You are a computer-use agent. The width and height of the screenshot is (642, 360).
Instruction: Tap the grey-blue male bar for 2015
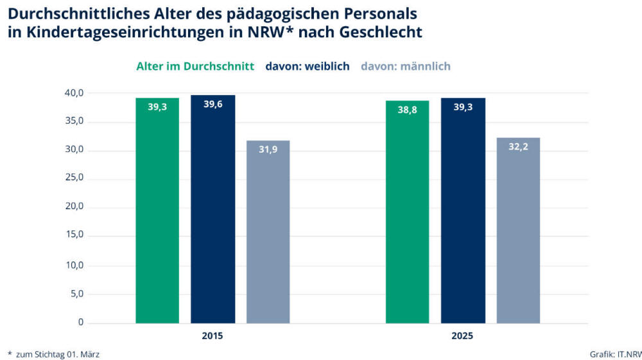pos(268,232)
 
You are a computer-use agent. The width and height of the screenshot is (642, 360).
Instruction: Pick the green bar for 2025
pos(407,212)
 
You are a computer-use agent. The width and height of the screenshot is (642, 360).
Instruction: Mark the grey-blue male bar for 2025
pos(518,230)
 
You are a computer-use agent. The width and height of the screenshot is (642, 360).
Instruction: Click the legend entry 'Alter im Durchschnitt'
pos(195,66)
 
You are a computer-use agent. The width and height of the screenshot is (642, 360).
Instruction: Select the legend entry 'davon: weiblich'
pos(308,66)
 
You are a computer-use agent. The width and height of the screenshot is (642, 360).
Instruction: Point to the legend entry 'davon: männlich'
pos(406,66)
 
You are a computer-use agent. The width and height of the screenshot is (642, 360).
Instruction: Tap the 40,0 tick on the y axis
pos(74,93)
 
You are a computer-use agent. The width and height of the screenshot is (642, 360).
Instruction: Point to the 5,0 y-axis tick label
pos(76,294)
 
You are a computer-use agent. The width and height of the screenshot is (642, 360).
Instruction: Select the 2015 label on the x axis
pos(213,336)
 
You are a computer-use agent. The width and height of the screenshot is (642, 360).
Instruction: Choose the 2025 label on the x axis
pos(462,336)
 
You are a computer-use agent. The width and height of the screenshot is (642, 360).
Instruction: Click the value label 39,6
pos(213,105)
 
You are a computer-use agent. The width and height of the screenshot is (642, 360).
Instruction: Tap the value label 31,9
pos(268,150)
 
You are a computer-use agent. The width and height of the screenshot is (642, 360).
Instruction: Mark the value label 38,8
pos(407,110)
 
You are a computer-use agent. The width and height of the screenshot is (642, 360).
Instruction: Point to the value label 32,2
pos(518,147)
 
